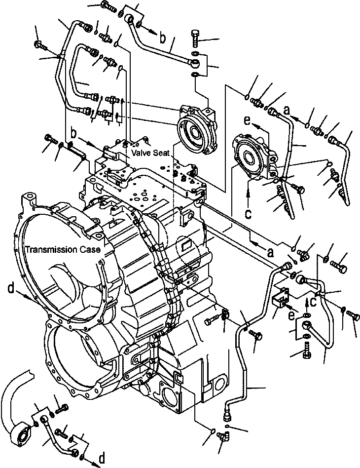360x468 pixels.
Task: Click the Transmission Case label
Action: [x=64, y=250]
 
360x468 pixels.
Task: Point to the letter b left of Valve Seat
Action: [x=74, y=134]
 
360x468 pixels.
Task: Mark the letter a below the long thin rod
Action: [x=270, y=252]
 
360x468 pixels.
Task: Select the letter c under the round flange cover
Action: [x=249, y=214]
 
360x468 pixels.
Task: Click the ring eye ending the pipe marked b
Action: [x=196, y=63]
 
